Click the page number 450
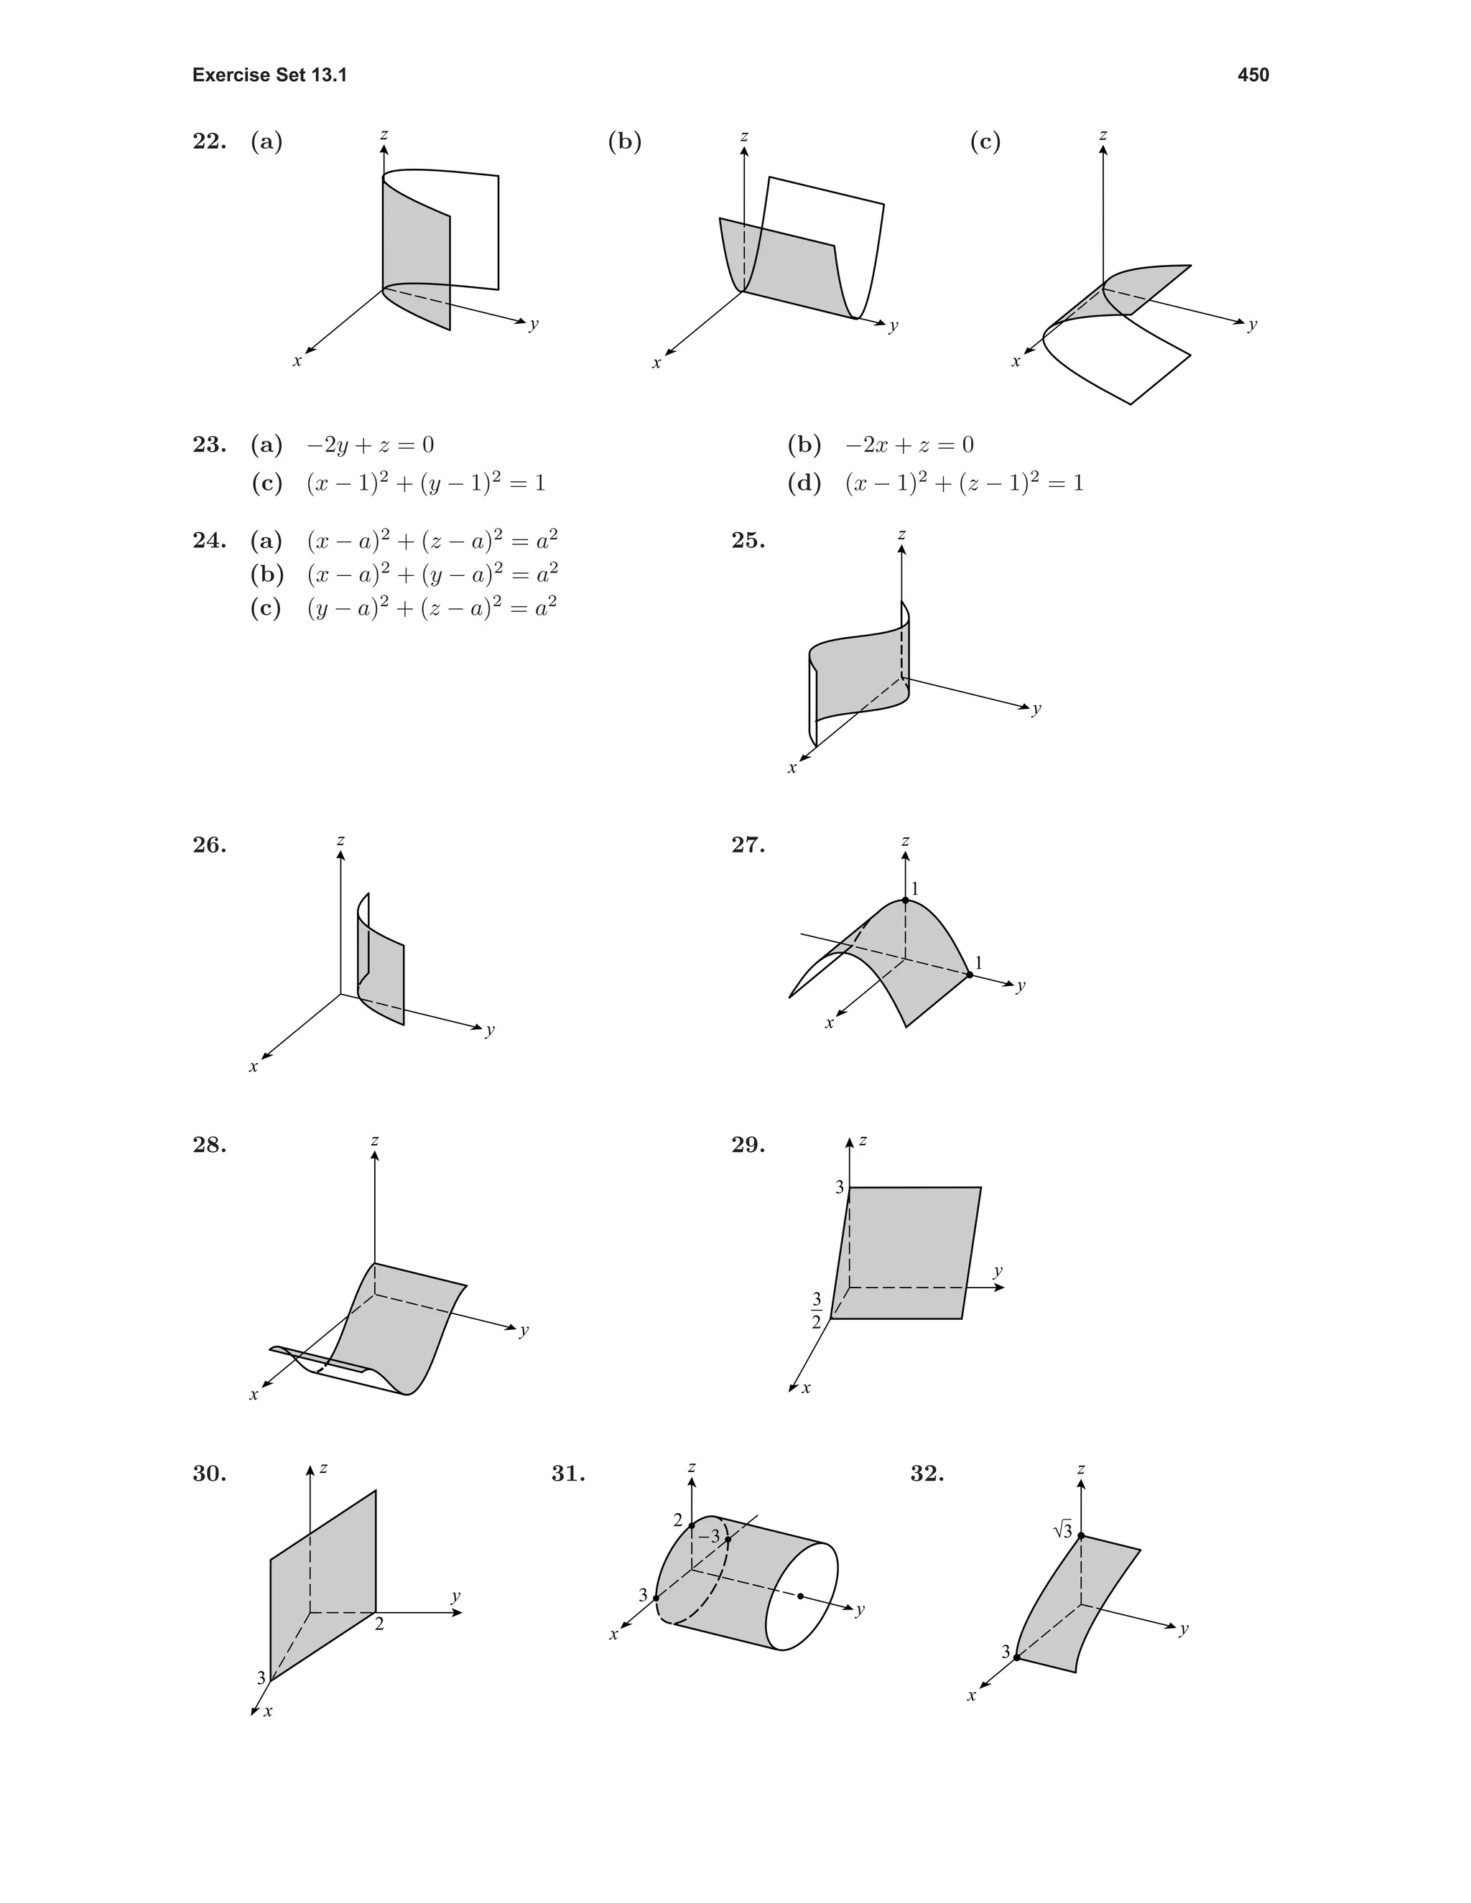pyautogui.click(x=1252, y=76)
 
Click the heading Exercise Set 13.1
pyautogui.click(x=269, y=76)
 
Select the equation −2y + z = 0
pyautogui.click(x=369, y=445)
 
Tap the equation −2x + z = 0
pyautogui.click(x=909, y=445)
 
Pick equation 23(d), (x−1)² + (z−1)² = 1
pyautogui.click(x=964, y=483)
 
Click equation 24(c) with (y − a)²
pyautogui.click(x=432, y=608)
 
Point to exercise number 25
pyautogui.click(x=748, y=541)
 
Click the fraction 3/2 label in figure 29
pyautogui.click(x=817, y=1310)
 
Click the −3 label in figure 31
pyautogui.click(x=710, y=1535)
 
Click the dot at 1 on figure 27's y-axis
pyautogui.click(x=969, y=975)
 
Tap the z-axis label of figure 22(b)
pyautogui.click(x=743, y=136)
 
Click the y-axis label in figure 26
pyautogui.click(x=490, y=1029)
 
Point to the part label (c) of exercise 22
pyautogui.click(x=985, y=141)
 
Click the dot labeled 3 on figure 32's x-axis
pyautogui.click(x=1017, y=1657)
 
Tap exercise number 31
pyautogui.click(x=568, y=1474)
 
